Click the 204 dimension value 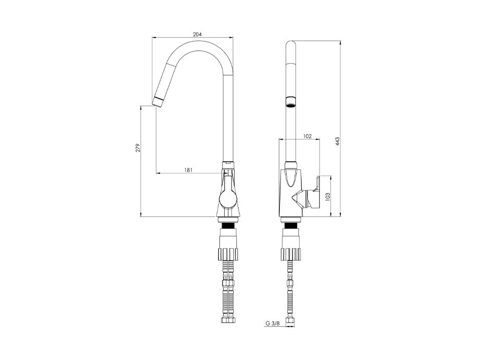pos(197,34)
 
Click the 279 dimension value pos(138,148)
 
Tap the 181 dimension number pos(188,170)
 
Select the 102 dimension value pos(307,136)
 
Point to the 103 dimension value pos(328,196)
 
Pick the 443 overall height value pos(337,142)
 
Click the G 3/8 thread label pos(272,323)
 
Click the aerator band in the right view pos(291,102)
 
